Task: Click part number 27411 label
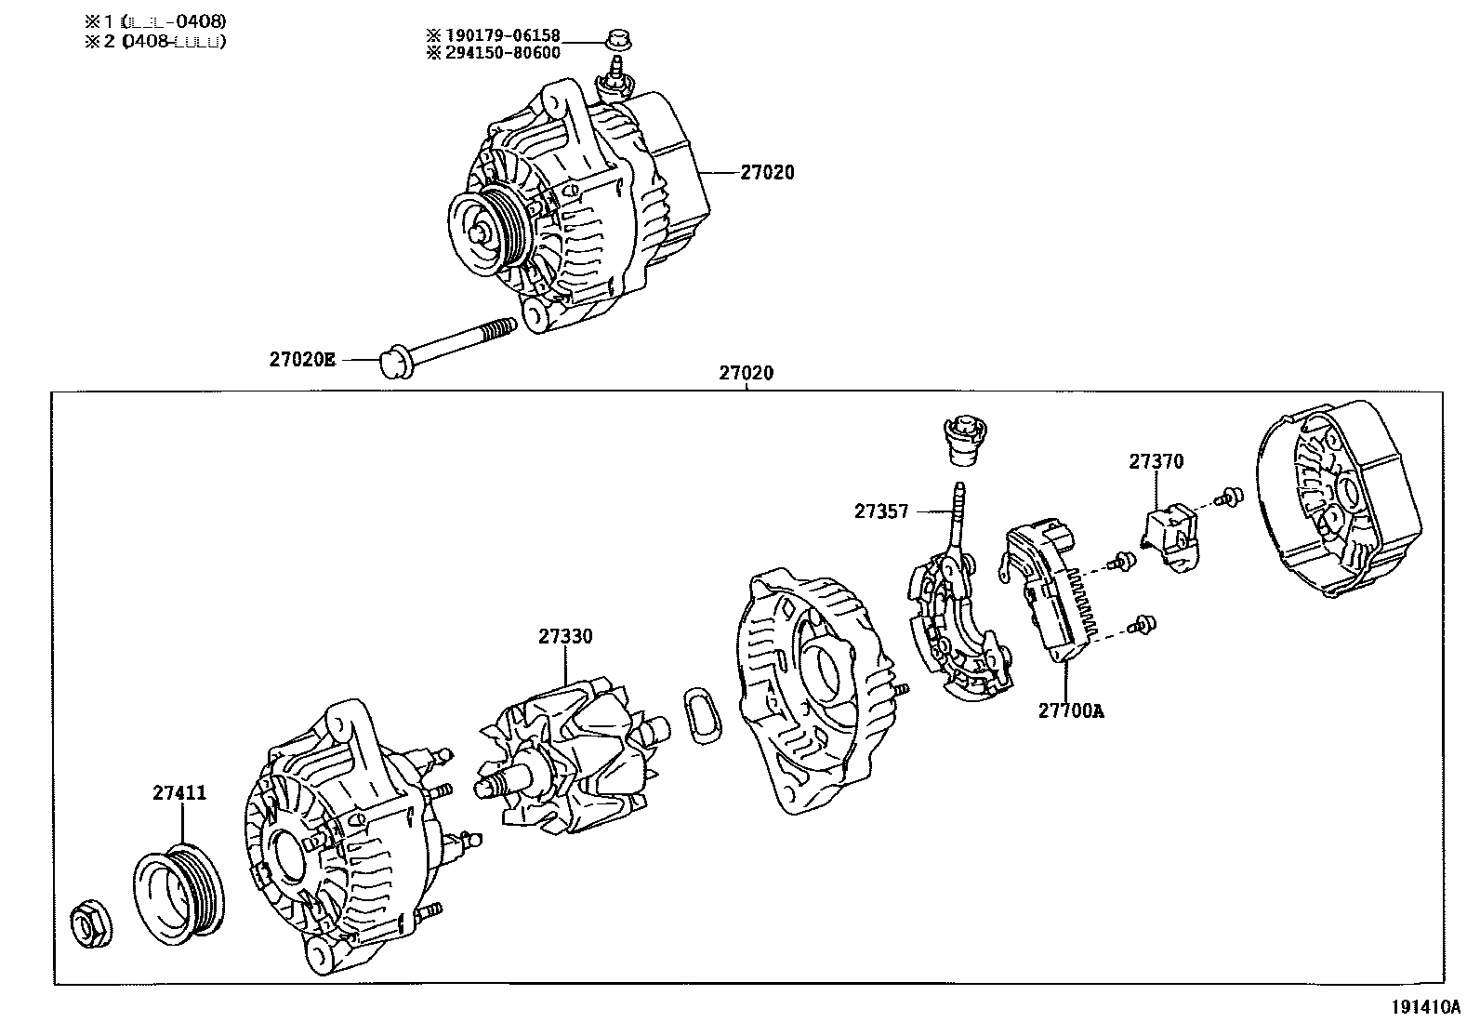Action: tap(179, 793)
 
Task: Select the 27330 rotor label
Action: tap(564, 637)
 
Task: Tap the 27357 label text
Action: tap(881, 511)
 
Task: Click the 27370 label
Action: tap(1156, 461)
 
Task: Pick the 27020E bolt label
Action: tap(302, 359)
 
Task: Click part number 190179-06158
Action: tap(507, 35)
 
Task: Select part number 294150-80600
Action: tap(507, 54)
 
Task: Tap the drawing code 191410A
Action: tap(1425, 1007)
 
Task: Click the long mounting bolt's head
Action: tap(397, 364)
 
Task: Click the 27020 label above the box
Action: tap(746, 374)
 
